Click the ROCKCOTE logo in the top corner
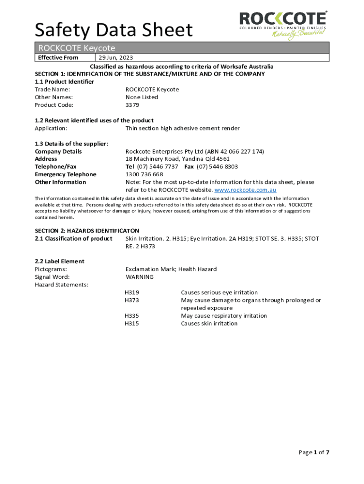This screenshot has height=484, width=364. click(x=283, y=25)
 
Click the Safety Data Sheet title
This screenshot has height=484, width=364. click(x=114, y=30)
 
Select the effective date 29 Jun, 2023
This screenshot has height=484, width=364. click(x=116, y=58)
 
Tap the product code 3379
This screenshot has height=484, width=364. click(x=132, y=105)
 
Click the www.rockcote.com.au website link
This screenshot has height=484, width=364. click(x=245, y=190)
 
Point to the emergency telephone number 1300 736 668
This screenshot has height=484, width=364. click(x=144, y=174)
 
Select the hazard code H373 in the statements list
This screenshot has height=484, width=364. click(x=132, y=300)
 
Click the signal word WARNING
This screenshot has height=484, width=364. click(x=139, y=277)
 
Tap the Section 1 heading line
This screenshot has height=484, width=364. click(x=150, y=74)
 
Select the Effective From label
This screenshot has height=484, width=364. click(x=58, y=58)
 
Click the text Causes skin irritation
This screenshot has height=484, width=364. click(x=209, y=324)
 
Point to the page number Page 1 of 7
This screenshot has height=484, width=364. click(x=314, y=452)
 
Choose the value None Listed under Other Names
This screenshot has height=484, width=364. click(x=142, y=97)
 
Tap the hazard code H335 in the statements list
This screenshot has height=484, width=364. click(x=132, y=316)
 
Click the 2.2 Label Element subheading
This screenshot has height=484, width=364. click(x=60, y=261)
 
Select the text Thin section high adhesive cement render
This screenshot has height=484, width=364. click(x=182, y=128)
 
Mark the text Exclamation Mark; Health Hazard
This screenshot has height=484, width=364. click(x=171, y=269)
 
